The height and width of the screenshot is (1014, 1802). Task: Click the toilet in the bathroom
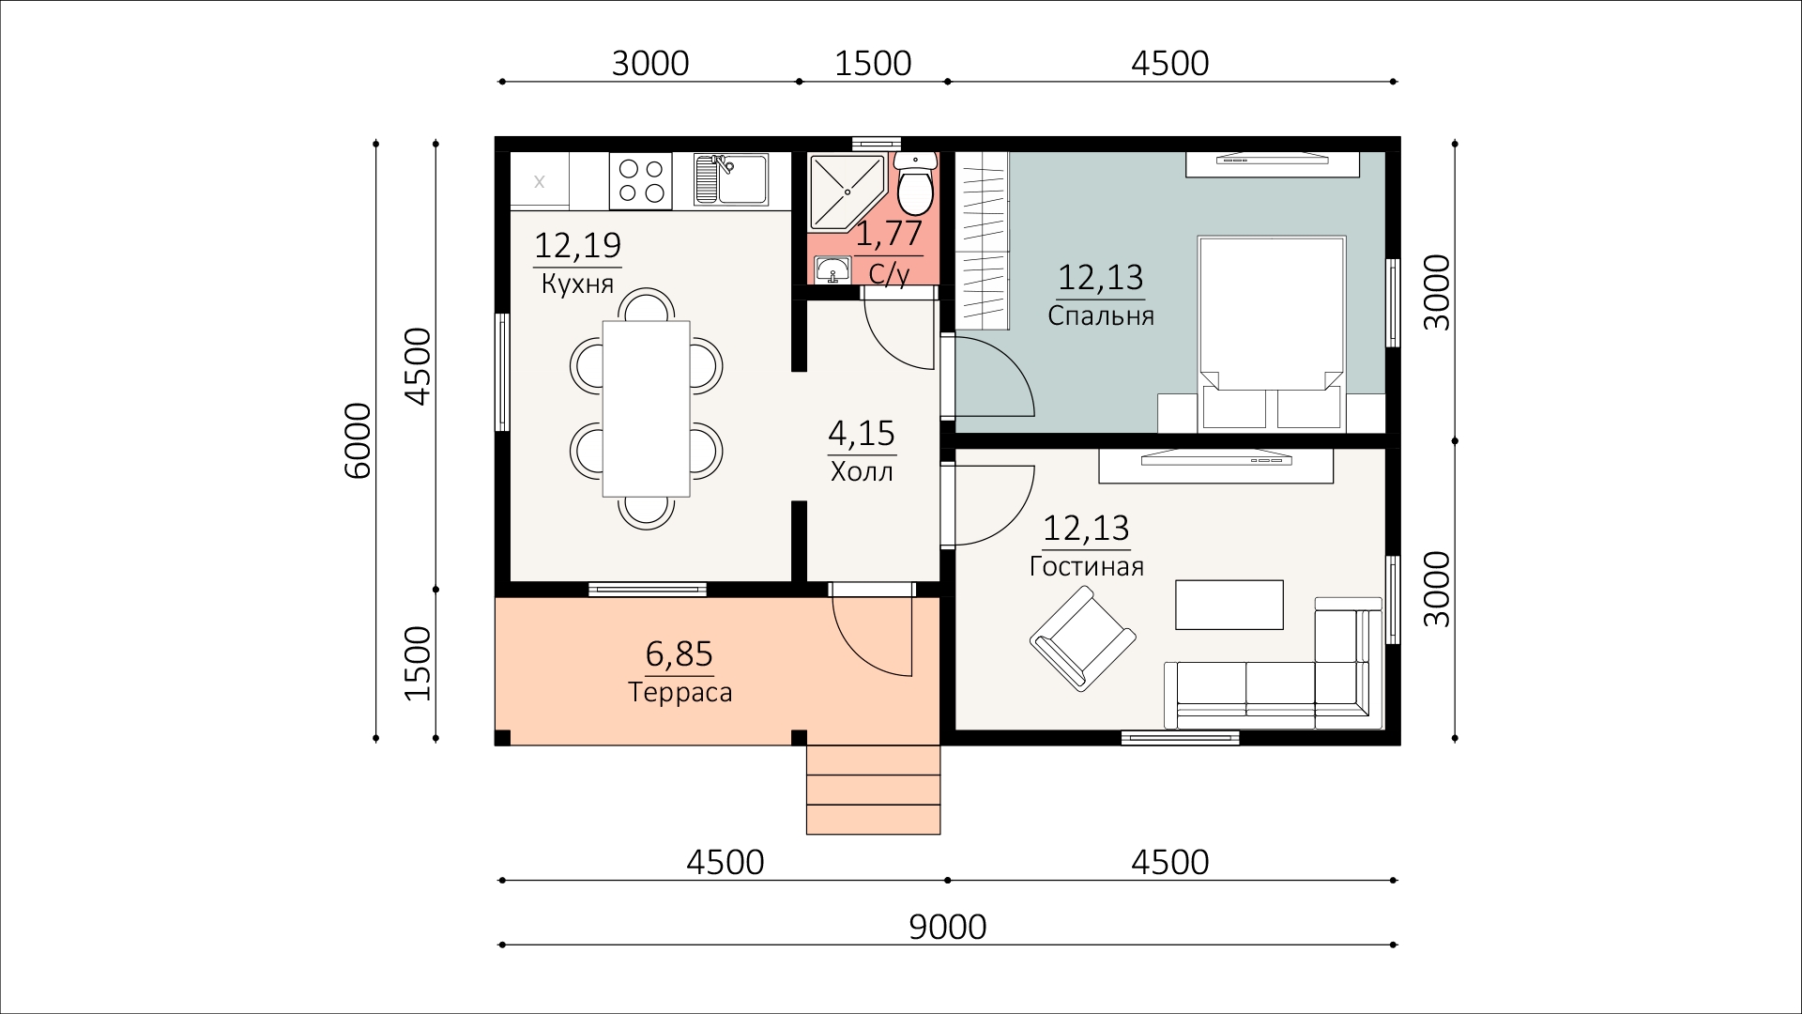(914, 185)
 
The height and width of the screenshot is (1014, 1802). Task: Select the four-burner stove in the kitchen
(641, 180)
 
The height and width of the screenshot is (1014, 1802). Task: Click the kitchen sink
(730, 179)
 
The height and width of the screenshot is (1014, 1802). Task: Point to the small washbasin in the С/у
(832, 270)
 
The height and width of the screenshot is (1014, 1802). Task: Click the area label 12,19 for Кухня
(577, 246)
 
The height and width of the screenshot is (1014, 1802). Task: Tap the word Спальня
(1101, 316)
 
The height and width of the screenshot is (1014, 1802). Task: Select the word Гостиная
(1087, 567)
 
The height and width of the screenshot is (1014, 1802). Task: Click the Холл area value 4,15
(862, 434)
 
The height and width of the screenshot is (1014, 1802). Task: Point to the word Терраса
(680, 693)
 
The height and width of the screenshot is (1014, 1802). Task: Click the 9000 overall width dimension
(948, 928)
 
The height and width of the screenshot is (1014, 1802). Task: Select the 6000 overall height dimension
(359, 441)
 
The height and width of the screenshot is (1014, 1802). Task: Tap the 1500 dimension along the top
(873, 64)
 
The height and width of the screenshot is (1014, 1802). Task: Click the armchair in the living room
(1084, 638)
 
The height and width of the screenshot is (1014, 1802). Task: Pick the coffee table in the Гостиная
(1229, 605)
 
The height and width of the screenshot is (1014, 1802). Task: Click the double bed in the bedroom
(1272, 333)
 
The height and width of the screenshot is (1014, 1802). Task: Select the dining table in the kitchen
(647, 408)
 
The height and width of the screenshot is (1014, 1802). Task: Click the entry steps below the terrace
(873, 790)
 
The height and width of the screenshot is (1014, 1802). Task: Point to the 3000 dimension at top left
(650, 64)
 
